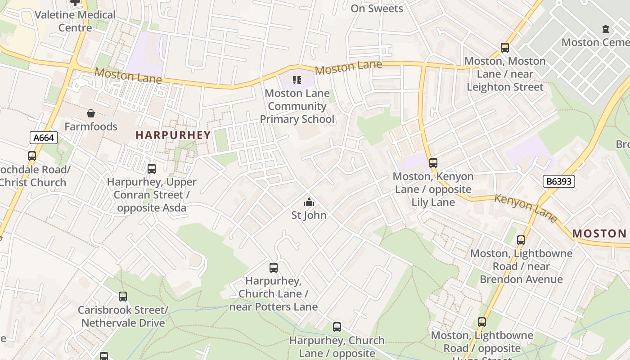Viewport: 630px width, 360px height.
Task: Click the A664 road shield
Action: coord(44,138)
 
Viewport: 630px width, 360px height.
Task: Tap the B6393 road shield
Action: coord(559,181)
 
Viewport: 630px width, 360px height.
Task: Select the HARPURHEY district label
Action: coord(173,135)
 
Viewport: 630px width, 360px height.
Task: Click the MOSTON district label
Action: coord(599,234)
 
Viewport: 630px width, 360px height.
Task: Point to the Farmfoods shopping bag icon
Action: coord(91,113)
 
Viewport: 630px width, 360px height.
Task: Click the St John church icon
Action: coord(309,202)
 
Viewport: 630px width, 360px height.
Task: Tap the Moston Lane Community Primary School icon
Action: coord(297,80)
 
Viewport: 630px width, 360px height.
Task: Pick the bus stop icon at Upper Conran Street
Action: coord(152,169)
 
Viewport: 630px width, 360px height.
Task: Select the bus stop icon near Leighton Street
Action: coord(505,48)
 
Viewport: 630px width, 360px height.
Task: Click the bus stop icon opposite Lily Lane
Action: coord(433,163)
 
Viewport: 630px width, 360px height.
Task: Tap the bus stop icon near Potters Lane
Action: coord(274,268)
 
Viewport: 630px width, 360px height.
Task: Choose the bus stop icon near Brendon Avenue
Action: coord(521,240)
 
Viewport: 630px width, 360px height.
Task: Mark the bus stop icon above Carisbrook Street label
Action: coord(123,297)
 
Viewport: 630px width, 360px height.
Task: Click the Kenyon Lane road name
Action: coord(526,208)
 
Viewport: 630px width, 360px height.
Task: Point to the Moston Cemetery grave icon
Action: coord(606,29)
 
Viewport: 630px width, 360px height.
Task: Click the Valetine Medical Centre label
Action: coord(75,21)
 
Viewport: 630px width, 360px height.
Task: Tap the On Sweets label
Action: coord(377,8)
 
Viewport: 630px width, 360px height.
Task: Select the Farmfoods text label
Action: coord(91,126)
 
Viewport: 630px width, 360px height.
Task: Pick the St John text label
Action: coord(309,215)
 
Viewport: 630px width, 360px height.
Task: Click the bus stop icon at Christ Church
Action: coord(32,156)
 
